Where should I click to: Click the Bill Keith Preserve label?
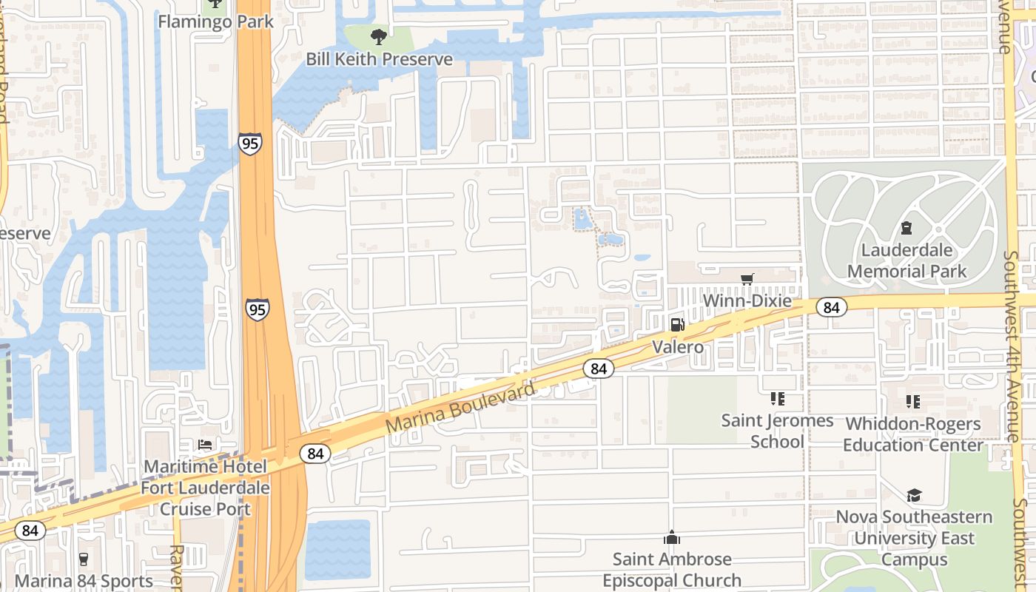(380, 59)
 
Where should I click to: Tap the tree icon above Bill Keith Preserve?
(379, 36)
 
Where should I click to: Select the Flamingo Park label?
(216, 21)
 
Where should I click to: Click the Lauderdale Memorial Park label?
(906, 260)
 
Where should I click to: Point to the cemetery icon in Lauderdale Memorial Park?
(906, 228)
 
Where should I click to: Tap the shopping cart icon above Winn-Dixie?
(747, 279)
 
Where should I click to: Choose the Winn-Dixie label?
(747, 301)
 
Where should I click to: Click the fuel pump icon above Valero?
(677, 324)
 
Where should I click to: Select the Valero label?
(678, 346)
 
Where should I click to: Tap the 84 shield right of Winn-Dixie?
(832, 307)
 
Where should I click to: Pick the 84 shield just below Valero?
(599, 368)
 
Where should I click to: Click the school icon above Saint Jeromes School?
(777, 399)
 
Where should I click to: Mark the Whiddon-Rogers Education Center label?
(913, 434)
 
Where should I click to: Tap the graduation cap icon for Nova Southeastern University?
(914, 495)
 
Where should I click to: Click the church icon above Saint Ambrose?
(672, 537)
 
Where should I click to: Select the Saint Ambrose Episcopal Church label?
(672, 569)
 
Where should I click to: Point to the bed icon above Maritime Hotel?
(205, 444)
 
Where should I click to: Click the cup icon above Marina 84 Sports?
(83, 559)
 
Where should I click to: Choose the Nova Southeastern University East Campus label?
(914, 538)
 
